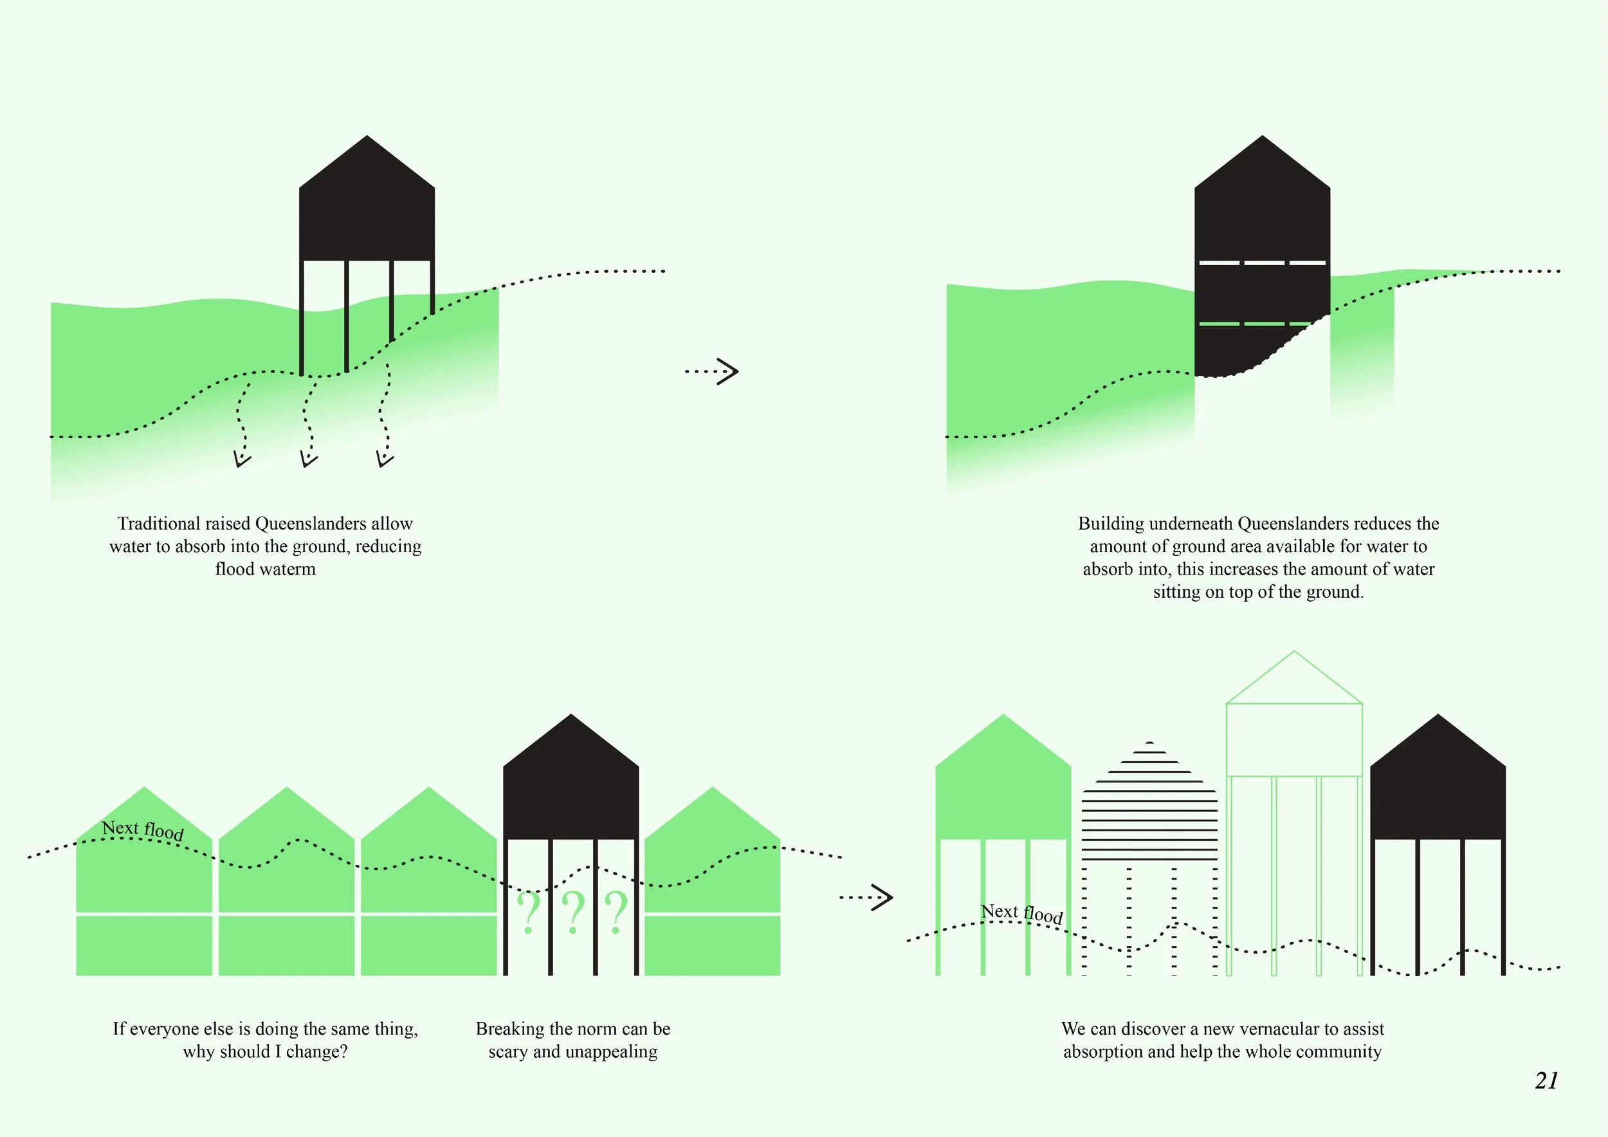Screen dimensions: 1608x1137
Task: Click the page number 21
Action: [1546, 1081]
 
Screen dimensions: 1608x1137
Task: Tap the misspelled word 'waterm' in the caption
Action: [288, 569]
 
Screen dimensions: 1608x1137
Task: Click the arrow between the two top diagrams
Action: [712, 371]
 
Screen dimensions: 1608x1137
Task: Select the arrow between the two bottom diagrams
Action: [867, 897]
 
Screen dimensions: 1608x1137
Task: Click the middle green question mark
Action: [573, 912]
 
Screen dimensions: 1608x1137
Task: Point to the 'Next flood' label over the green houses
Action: [143, 830]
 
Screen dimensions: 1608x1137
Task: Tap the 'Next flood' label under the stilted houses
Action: [1021, 913]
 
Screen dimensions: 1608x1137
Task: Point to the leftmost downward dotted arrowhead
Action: [242, 459]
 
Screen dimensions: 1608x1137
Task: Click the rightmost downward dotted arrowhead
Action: [385, 459]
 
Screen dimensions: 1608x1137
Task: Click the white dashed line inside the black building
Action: [1262, 263]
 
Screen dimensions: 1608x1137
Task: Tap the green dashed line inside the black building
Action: [1254, 324]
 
